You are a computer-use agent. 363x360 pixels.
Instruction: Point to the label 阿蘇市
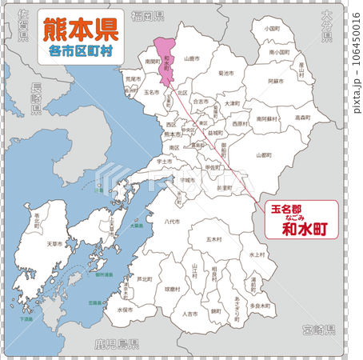273,82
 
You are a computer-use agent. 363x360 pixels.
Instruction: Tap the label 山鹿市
191,58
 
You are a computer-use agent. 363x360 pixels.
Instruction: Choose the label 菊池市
226,73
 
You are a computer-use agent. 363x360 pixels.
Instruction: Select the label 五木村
213,239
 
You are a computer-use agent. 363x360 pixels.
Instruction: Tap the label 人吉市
189,314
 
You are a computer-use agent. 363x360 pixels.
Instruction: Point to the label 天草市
55,243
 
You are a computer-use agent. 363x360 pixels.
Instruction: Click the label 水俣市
125,309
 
